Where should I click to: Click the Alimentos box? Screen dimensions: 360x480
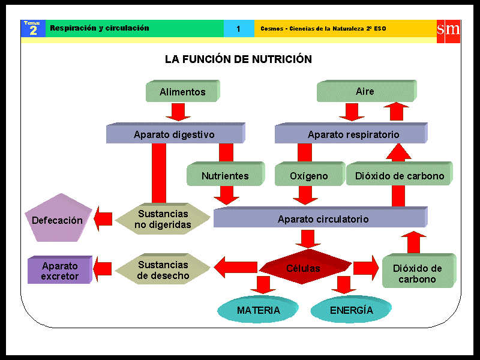182,92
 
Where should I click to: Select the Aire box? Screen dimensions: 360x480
365,91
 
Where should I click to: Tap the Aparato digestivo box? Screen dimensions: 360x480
175,134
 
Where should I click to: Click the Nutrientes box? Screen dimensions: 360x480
224,176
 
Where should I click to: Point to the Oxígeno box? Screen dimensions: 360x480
309,176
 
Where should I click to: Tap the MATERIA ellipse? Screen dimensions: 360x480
258,310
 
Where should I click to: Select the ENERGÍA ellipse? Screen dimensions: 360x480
352,310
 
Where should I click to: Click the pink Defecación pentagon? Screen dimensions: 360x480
58,219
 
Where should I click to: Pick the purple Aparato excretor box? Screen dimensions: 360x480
59,271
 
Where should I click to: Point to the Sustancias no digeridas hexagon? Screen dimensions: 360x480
163,219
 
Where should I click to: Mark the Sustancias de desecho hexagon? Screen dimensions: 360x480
163,270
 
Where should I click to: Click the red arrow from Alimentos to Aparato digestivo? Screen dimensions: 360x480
178,112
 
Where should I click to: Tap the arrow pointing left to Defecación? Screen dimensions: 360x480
103,219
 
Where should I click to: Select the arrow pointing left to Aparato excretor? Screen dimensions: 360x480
103,269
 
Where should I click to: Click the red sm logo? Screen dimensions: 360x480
448,29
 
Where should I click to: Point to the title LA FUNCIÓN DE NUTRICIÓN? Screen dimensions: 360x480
238,59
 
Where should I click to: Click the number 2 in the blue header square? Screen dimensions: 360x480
33,31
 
